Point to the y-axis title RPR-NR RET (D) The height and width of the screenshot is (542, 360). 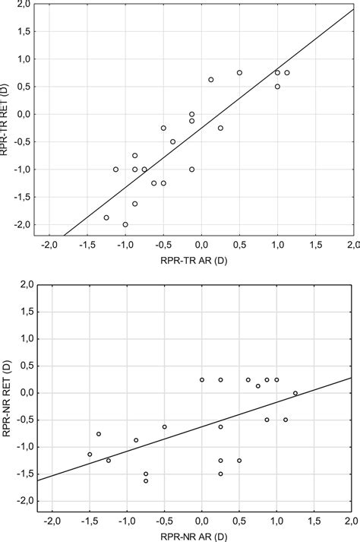6,391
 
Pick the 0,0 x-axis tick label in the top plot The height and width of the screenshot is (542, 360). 201,246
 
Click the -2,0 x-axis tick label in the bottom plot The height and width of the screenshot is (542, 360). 52,520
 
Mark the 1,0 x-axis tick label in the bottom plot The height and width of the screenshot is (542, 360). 276,520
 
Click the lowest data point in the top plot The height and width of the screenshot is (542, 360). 125,224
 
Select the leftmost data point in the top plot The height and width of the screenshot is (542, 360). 106,217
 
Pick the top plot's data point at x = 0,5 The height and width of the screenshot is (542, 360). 239,73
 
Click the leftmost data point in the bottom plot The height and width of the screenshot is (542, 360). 90,455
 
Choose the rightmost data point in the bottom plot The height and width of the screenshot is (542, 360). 295,393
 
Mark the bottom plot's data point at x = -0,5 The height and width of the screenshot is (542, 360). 164,426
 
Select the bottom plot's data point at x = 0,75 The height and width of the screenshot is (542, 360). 258,386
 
